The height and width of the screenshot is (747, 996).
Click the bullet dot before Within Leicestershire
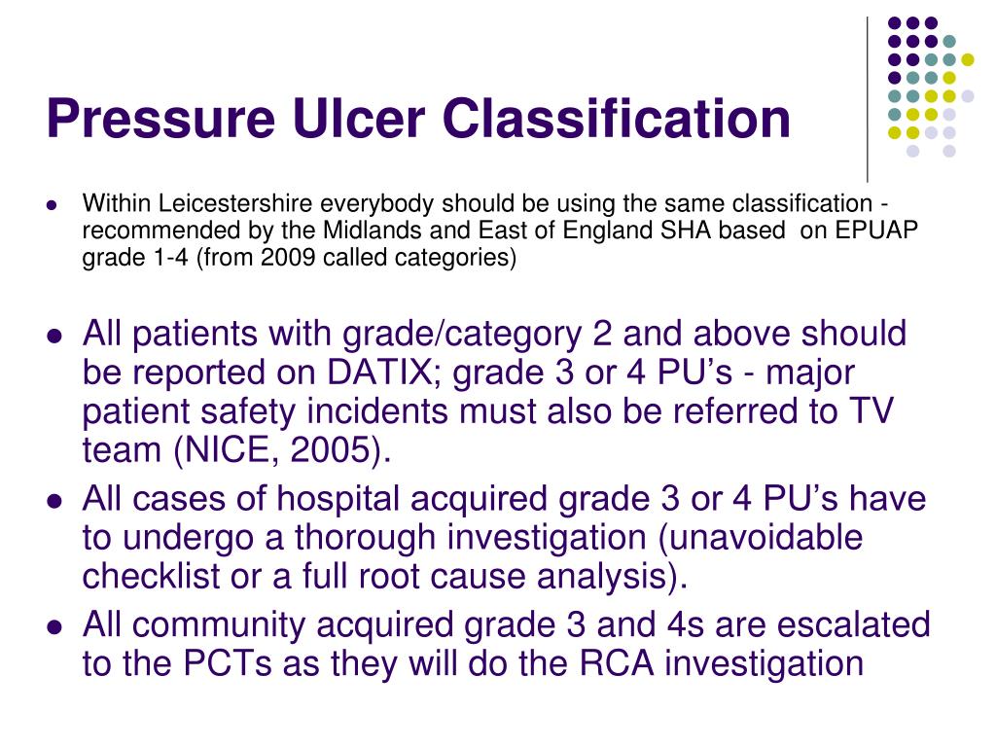(x=54, y=205)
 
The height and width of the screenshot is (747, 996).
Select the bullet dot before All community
(x=55, y=626)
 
